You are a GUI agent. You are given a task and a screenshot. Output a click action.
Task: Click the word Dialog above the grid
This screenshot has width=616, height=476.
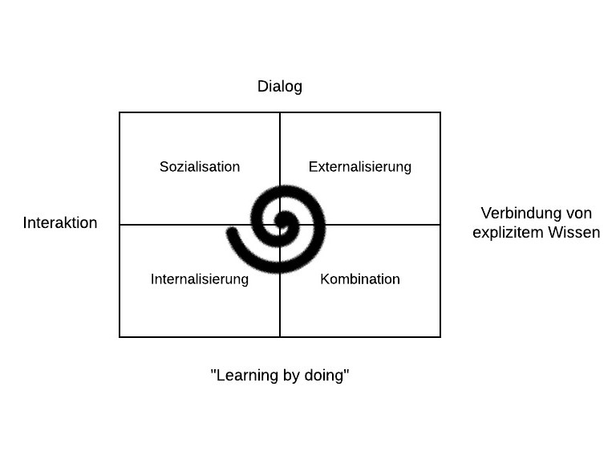[280, 87]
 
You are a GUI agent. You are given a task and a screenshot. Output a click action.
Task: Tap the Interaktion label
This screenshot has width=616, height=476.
[60, 222]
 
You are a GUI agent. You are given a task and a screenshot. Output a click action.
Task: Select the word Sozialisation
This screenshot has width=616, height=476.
[200, 167]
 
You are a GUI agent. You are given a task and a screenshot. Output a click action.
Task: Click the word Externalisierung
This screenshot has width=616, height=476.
[360, 167]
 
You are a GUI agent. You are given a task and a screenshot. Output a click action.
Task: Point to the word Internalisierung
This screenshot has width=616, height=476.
[200, 279]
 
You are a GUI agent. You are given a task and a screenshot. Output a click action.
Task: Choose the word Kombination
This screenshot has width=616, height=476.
[360, 279]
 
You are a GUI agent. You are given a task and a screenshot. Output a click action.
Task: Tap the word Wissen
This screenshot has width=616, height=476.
[574, 232]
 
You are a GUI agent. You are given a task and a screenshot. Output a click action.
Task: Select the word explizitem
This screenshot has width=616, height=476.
[509, 233]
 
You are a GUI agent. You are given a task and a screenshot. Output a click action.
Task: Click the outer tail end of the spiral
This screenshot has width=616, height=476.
[232, 232]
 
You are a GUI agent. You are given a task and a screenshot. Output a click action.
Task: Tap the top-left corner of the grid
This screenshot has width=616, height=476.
[120, 112]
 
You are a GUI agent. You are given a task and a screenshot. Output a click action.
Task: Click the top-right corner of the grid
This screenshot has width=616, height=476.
[440, 112]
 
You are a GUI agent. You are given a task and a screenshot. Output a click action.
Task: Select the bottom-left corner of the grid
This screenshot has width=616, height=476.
[120, 337]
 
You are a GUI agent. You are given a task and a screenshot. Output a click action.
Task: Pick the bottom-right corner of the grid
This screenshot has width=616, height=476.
[440, 337]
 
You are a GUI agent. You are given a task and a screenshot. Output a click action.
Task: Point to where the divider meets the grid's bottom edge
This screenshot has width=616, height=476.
[280, 337]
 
